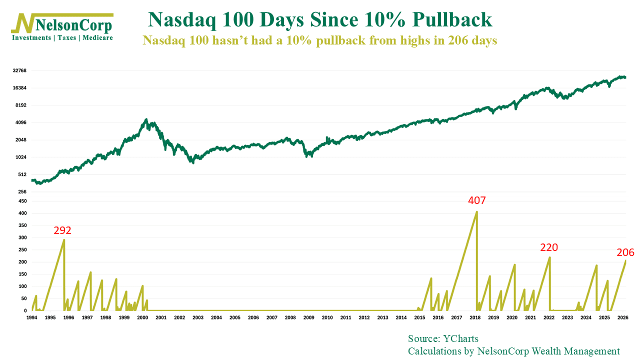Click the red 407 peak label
pos(476,201)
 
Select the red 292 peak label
pos(62,230)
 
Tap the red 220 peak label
pos(548,247)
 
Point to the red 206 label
pos(625,252)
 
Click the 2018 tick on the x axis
pos(475,317)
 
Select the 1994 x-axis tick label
pos(31,317)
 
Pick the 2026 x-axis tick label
pos(622,317)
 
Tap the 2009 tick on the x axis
pos(308,317)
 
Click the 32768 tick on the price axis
pos(19,70)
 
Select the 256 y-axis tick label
pos(21,192)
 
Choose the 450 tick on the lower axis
pos(22,201)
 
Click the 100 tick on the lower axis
pos(22,286)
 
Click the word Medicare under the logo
pos(98,38)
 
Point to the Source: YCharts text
pos(443,338)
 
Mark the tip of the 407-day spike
pos(476,211)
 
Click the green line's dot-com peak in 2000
pos(146,119)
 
